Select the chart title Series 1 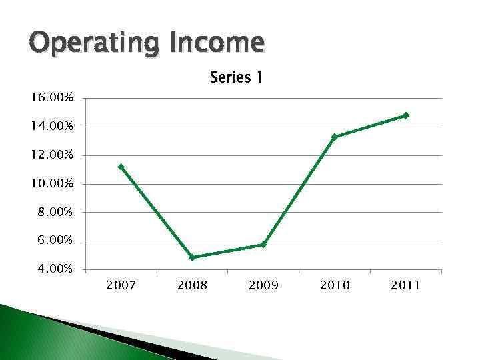(x=236, y=78)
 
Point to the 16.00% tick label (x=51, y=98)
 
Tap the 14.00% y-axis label (x=51, y=127)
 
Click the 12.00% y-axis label (x=51, y=155)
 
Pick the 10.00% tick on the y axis (x=51, y=184)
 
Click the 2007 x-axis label (x=121, y=285)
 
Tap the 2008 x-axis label (x=192, y=285)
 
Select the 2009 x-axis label (x=263, y=285)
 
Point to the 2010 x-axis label (x=335, y=285)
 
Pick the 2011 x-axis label (x=405, y=285)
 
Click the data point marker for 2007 (x=121, y=167)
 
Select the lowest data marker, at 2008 (x=192, y=257)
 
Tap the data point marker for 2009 (x=263, y=245)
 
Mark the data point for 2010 (x=335, y=137)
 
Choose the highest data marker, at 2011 (x=405, y=115)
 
